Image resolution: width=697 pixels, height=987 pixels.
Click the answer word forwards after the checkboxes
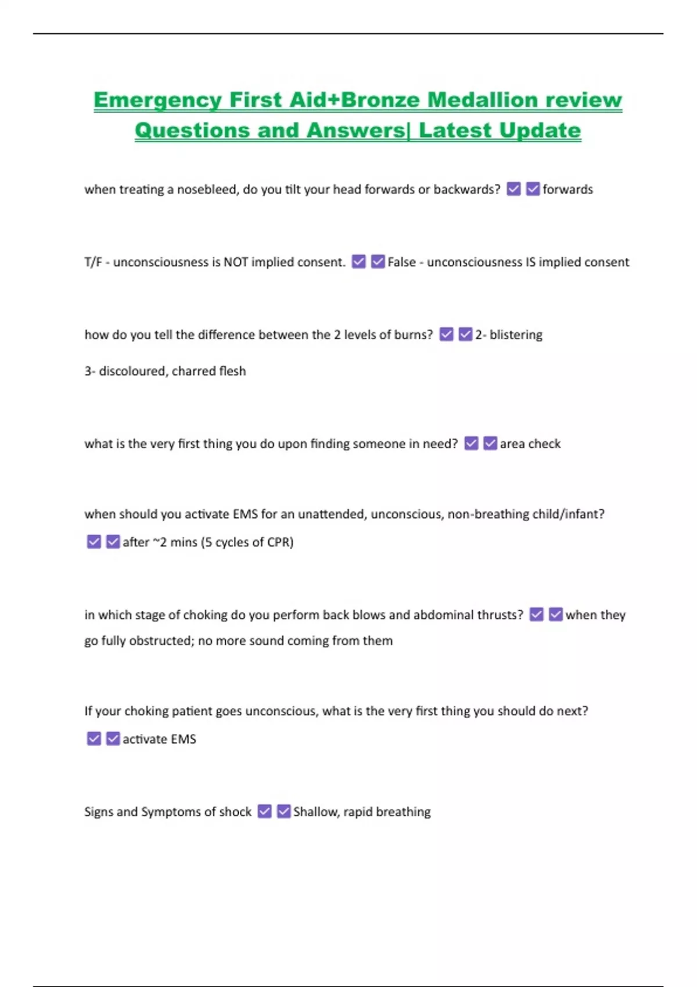pyautogui.click(x=567, y=189)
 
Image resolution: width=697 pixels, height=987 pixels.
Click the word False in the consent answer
pyautogui.click(x=401, y=262)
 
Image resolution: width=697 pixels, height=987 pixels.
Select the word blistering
pyautogui.click(x=516, y=334)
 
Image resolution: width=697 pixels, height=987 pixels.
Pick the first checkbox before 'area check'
pyautogui.click(x=472, y=444)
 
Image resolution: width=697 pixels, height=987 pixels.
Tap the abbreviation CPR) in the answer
pyautogui.click(x=280, y=542)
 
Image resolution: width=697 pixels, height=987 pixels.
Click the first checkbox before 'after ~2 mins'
pyautogui.click(x=94, y=542)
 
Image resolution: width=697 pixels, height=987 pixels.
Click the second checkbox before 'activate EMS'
pyautogui.click(x=113, y=739)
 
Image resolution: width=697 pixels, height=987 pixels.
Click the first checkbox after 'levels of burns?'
pyautogui.click(x=446, y=334)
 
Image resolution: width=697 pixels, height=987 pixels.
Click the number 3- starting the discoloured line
pyautogui.click(x=89, y=371)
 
